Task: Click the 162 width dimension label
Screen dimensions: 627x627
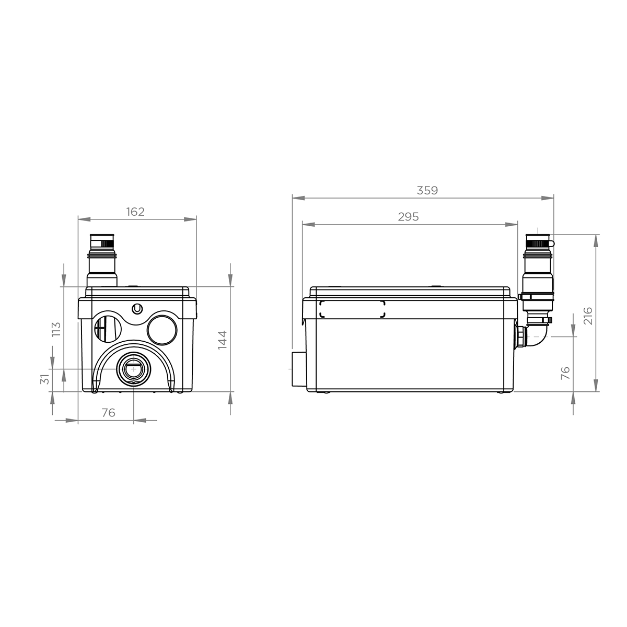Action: [135, 212]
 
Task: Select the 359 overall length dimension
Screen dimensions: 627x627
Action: [427, 190]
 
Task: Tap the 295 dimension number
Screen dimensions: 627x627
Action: [409, 217]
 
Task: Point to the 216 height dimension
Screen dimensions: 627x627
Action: [588, 316]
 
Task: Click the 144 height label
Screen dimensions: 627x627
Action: [223, 340]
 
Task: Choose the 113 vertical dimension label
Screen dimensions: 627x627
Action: [56, 329]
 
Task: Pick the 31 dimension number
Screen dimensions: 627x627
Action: [44, 379]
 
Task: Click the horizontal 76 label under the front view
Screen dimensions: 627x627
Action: [108, 413]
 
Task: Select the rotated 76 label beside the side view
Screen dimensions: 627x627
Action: [565, 373]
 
